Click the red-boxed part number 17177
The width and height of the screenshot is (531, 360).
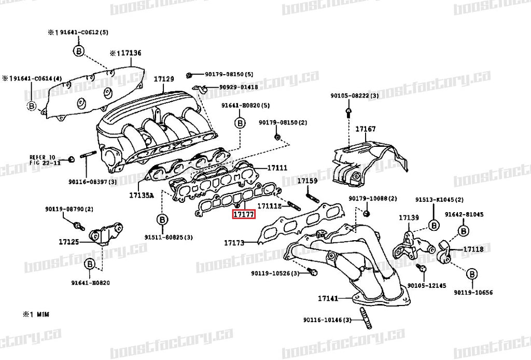point(243,214)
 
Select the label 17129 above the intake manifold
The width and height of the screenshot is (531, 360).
point(163,79)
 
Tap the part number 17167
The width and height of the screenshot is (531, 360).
point(365,129)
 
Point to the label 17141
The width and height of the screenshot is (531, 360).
point(328,298)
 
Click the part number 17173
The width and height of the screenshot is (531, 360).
point(234,242)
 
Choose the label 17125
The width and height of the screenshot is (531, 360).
point(68,242)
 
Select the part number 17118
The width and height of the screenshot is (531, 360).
point(473,249)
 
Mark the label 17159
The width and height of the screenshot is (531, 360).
point(307,181)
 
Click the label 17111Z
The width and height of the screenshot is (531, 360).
point(270,206)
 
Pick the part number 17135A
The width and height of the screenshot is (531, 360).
point(142,196)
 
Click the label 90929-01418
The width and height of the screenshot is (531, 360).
point(238,87)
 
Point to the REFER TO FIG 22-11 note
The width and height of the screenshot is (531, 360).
point(45,159)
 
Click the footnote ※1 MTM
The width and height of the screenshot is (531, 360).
point(35,314)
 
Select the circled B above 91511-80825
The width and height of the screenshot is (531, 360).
point(161,220)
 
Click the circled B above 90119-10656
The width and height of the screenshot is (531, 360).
point(472,274)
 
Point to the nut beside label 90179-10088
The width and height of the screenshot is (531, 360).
point(367,213)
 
